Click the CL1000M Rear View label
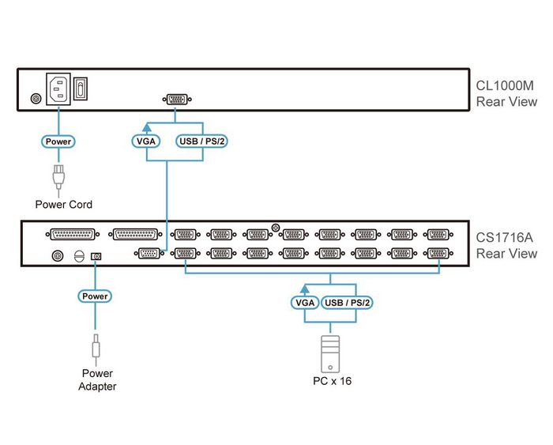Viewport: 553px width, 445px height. coord(506,93)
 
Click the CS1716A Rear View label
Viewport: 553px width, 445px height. coord(506,245)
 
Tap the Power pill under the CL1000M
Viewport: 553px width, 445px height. coord(58,141)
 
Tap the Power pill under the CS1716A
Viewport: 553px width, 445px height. coord(95,296)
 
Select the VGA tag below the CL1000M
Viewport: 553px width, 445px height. coord(145,141)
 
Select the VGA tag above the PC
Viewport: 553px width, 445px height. coord(304,303)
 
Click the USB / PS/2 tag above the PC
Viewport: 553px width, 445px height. coord(348,303)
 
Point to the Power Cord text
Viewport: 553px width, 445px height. coord(64,205)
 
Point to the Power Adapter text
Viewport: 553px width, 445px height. coord(97,379)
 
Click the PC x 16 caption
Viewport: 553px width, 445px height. coord(332,381)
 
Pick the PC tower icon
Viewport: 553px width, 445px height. coord(331,353)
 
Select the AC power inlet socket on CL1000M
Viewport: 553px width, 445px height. coord(58,89)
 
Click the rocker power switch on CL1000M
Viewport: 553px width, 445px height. coord(81,89)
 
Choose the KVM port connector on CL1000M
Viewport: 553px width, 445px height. coord(175,99)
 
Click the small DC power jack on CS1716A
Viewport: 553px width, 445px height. coord(96,255)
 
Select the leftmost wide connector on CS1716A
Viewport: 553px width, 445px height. coord(73,234)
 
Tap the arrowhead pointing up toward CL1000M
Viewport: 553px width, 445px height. coord(145,126)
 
